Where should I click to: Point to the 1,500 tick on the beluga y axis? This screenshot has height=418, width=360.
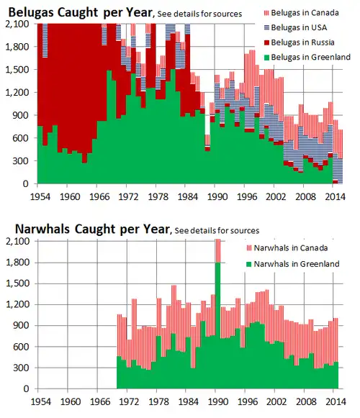[19, 70]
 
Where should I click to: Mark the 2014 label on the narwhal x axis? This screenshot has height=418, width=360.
[332, 400]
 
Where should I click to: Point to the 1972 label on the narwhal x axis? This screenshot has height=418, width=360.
[128, 400]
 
